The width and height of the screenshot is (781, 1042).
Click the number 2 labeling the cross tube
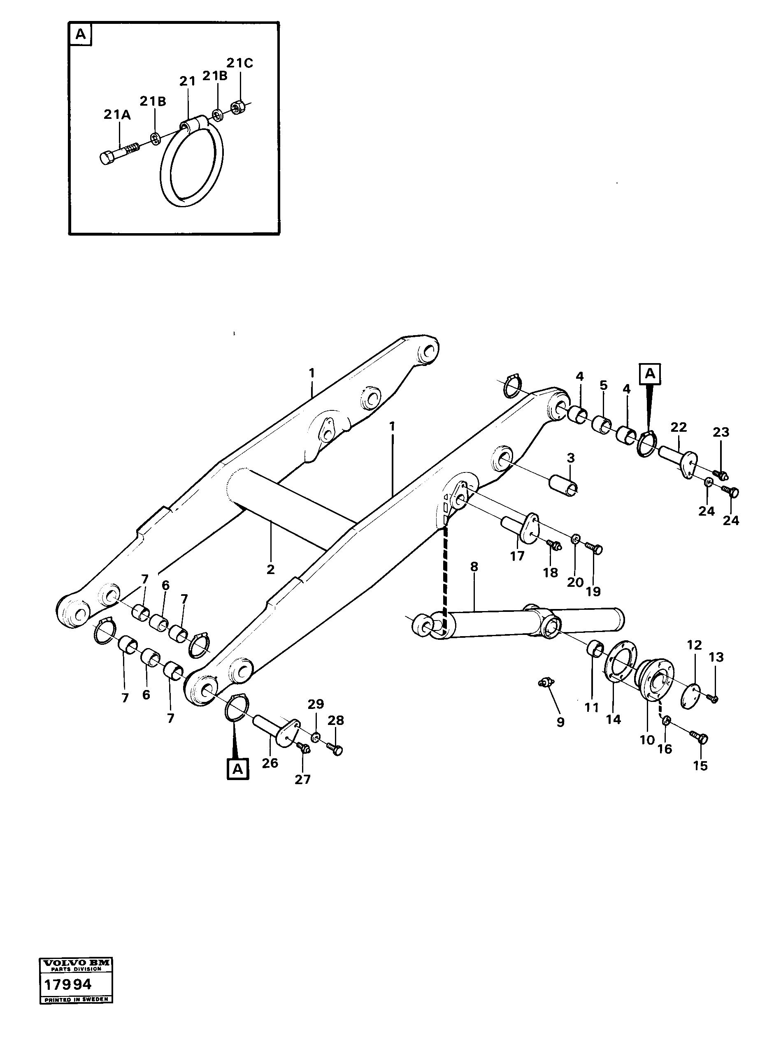(270, 570)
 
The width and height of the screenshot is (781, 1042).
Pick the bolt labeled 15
(700, 737)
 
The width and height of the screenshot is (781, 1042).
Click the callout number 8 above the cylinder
(474, 567)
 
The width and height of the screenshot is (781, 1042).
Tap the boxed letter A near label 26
(238, 769)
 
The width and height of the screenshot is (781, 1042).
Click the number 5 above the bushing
(603, 385)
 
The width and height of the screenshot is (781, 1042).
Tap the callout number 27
(302, 779)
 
